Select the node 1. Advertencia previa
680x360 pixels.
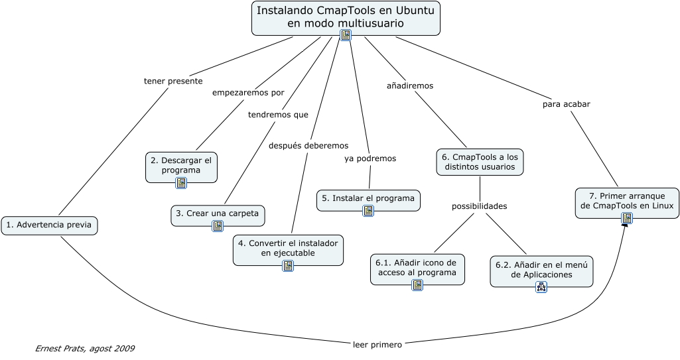point(49,225)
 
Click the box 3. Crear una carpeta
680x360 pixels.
point(218,214)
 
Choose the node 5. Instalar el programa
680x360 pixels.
point(368,198)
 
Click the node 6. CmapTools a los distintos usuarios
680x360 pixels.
point(480,162)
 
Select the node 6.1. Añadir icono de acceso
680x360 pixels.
point(417,268)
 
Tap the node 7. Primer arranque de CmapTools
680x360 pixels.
point(627,201)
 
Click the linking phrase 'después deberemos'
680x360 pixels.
point(308,146)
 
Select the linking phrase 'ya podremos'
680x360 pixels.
point(370,159)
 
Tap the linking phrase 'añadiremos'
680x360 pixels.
point(410,86)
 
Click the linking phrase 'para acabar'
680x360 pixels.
point(567,104)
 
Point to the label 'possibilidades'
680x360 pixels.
point(480,206)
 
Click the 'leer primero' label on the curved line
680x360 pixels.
point(377,344)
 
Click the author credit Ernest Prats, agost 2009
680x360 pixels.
point(84,349)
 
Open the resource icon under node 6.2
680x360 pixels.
point(541,287)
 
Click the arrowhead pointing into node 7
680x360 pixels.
point(624,225)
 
